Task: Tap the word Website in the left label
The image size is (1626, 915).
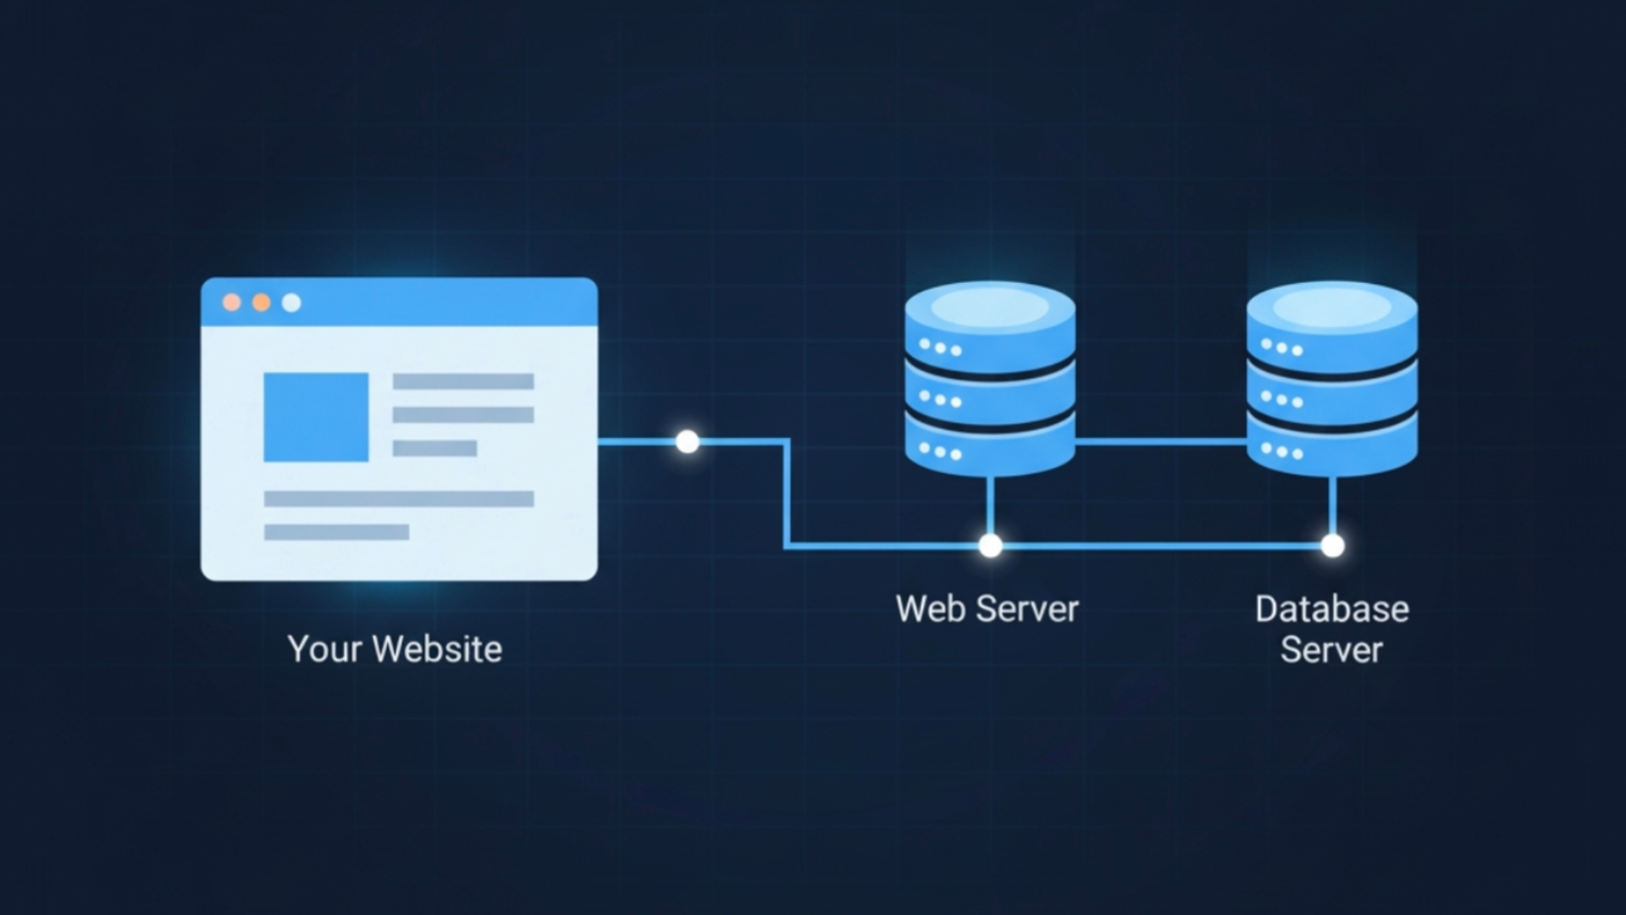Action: tap(437, 650)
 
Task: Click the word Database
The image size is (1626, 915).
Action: tap(1332, 609)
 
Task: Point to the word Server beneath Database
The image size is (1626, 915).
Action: tap(1331, 650)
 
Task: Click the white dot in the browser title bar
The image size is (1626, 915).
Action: tap(291, 302)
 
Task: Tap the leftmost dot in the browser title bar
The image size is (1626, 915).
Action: tap(231, 302)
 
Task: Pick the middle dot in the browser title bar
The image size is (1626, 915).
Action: tap(262, 302)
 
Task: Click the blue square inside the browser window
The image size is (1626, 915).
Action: tap(316, 417)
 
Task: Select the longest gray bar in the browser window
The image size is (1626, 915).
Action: tap(399, 499)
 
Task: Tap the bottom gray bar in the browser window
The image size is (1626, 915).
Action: tap(336, 532)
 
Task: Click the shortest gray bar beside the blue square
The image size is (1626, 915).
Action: tap(434, 448)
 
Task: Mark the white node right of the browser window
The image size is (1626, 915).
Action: tap(688, 441)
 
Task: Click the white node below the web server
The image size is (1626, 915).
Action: tap(990, 546)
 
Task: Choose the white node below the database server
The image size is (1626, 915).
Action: tap(1332, 546)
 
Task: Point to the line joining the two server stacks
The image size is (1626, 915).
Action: tap(1160, 441)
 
